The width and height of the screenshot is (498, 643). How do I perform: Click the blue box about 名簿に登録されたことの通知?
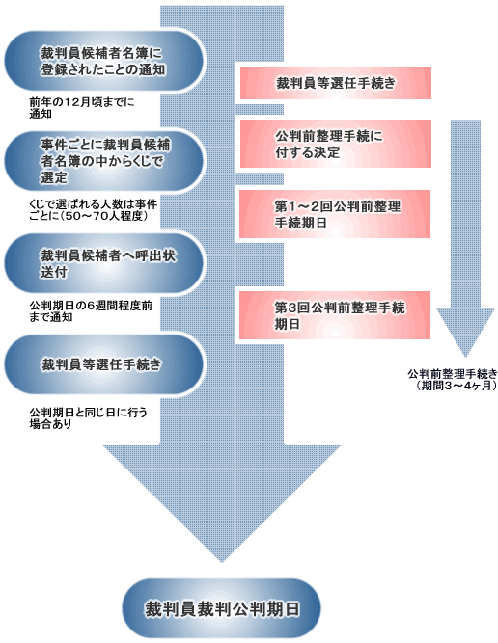[x=104, y=60]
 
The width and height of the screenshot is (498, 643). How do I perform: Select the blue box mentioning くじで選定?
[x=104, y=160]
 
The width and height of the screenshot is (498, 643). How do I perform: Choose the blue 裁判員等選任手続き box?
[x=104, y=364]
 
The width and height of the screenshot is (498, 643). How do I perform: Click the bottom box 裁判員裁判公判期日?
[x=220, y=609]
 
